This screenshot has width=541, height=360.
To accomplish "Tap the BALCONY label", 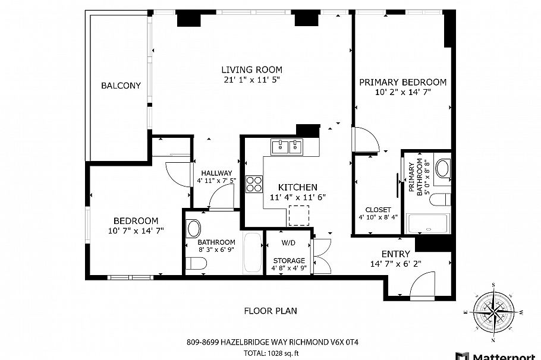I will point(121,86).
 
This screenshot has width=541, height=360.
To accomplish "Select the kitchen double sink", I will point(287,146).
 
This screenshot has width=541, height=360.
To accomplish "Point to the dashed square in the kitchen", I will point(298,214).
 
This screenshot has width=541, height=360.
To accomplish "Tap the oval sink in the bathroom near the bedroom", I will point(194,228).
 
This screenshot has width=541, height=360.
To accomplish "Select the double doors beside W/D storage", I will point(322,255).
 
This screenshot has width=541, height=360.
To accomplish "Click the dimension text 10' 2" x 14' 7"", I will point(402,92).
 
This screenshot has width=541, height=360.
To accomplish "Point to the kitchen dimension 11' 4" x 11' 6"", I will point(297,197).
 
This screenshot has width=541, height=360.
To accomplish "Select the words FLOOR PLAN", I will point(270,311).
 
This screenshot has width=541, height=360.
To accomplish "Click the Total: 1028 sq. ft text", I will point(270,353).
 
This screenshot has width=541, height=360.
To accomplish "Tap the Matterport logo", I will point(499,355).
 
